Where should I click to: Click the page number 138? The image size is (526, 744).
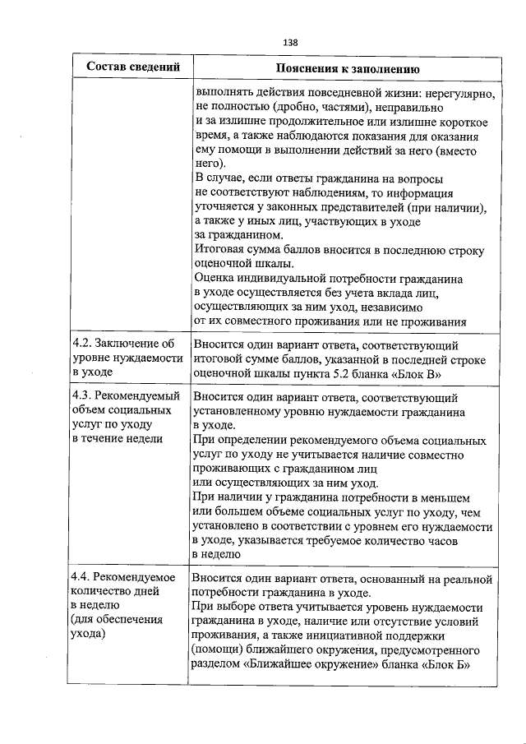point(290,41)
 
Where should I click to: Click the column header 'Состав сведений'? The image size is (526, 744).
point(133,67)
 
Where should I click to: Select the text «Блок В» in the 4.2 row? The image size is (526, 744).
point(422,375)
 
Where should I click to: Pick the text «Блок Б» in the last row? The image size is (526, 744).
point(447,665)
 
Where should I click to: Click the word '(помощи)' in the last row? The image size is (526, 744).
point(216,650)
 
